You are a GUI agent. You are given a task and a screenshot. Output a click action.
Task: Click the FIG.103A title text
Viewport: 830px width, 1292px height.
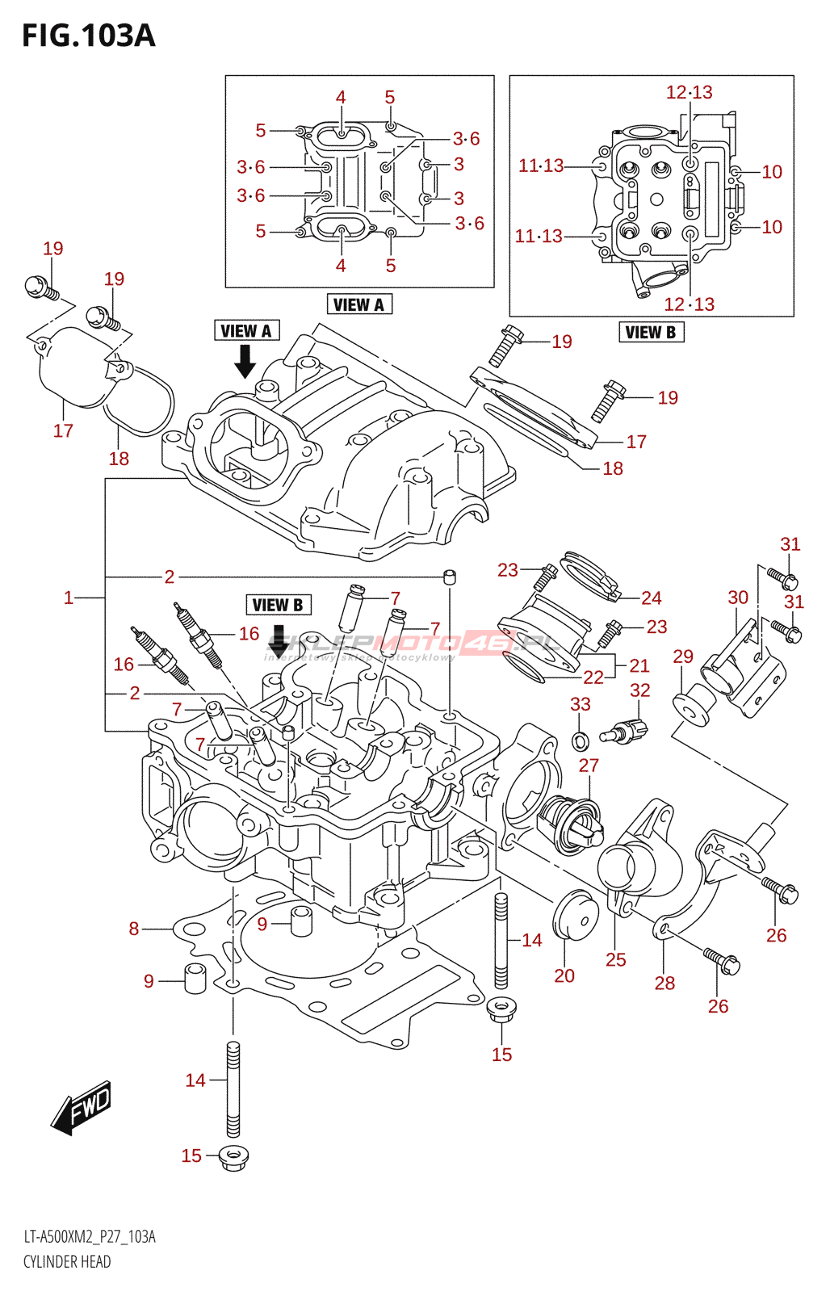coord(89,36)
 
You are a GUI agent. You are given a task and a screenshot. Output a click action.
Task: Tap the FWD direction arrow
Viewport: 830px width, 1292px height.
coord(82,1107)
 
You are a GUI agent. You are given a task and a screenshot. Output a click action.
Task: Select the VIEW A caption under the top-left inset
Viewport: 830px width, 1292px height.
coord(359,304)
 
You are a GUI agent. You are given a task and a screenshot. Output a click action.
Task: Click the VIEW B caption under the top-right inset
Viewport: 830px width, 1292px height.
coord(651,332)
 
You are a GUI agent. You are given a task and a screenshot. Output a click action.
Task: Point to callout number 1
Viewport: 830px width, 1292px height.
coord(69,598)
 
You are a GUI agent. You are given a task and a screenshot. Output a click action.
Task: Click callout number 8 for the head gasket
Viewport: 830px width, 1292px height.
coord(134,929)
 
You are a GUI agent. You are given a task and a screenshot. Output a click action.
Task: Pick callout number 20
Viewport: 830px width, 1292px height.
coord(564,975)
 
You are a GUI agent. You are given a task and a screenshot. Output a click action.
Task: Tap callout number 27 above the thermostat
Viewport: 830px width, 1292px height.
coord(589,766)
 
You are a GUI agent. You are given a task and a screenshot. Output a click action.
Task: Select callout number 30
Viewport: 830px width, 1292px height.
coord(738,598)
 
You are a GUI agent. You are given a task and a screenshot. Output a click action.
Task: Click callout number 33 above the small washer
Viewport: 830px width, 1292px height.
coord(581,704)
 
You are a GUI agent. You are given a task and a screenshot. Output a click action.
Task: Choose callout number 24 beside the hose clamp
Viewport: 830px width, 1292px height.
coord(652,598)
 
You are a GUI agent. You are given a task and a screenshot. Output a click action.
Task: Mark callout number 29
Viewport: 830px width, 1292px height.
coord(683,656)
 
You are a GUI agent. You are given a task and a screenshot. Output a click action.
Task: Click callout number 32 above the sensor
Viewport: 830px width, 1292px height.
coord(639,690)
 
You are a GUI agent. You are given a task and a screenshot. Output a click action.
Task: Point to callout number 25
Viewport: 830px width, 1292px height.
coord(616,959)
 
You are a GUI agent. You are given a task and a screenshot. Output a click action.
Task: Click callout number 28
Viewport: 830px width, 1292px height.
coord(664,983)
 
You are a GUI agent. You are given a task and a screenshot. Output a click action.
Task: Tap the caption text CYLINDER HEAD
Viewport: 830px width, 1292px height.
coord(67,1261)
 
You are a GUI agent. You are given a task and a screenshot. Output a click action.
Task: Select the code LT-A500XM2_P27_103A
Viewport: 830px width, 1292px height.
coord(90,1237)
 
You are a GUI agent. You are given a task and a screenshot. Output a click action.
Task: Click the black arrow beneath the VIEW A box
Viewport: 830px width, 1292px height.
coord(245,362)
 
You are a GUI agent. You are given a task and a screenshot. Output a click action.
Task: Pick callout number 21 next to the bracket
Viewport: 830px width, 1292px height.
coord(639,665)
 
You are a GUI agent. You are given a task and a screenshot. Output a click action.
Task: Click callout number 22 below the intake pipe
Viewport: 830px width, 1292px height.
coord(593,677)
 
